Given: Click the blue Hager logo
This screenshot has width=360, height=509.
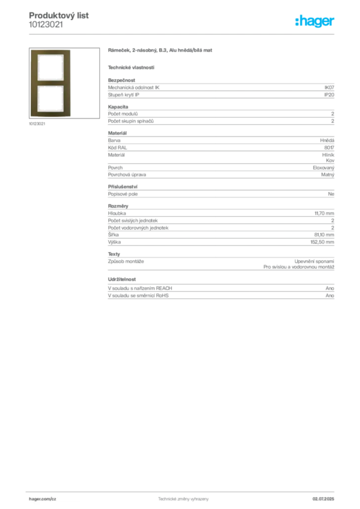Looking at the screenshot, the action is (x=316, y=22).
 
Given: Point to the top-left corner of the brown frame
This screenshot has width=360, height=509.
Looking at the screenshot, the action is (x=32, y=51).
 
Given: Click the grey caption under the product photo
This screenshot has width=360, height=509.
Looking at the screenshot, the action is (x=38, y=124).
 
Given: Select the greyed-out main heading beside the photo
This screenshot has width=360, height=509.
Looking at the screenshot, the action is (x=161, y=51).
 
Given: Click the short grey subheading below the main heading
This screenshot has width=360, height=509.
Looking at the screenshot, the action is (x=131, y=67).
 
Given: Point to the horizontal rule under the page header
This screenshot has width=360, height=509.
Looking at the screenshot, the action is (x=183, y=34).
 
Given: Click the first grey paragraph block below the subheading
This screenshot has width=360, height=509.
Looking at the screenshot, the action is (x=220, y=89).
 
